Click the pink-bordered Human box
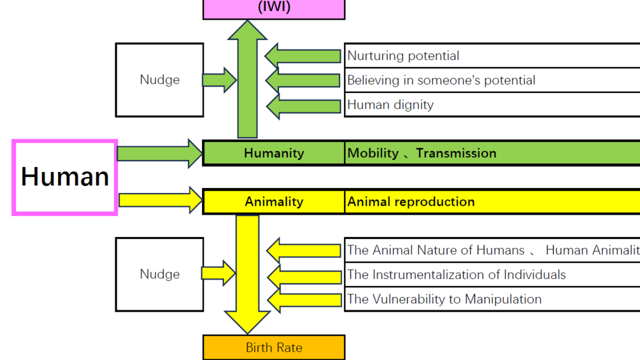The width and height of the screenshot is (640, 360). point(65,177)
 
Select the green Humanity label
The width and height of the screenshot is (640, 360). point(274,153)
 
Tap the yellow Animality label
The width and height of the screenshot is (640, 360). point(274,201)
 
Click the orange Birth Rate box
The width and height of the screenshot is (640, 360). point(274,348)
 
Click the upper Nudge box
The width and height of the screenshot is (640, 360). point(159,80)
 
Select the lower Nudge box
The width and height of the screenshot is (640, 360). point(159,274)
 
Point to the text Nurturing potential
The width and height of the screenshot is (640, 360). point(403,55)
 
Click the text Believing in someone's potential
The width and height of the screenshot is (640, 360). point(441,80)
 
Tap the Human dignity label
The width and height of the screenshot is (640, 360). point(390,104)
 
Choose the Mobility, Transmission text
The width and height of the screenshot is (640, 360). point(422,153)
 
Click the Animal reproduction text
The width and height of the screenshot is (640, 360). point(411,201)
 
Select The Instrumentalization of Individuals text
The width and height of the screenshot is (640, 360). point(456,275)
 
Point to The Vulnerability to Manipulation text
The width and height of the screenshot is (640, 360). point(444,299)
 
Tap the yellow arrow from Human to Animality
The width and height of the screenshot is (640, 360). point(159,200)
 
